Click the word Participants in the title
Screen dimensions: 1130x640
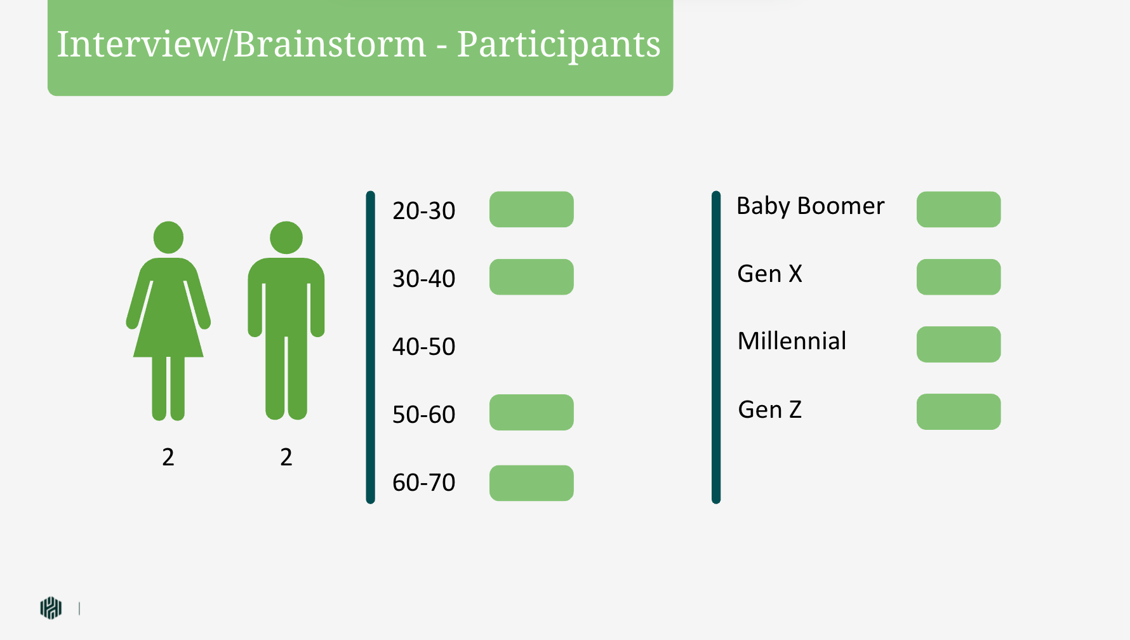tap(559, 44)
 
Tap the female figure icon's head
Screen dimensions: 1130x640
tap(168, 237)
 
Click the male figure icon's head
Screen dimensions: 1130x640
tap(286, 237)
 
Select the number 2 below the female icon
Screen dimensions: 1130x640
tap(168, 457)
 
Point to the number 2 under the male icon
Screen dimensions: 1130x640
tap(286, 457)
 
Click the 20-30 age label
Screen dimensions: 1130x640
tap(424, 211)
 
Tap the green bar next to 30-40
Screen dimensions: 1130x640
tap(531, 277)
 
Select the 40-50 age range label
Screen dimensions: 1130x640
tap(424, 347)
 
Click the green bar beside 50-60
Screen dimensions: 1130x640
tap(531, 412)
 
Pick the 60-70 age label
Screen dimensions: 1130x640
tap(424, 483)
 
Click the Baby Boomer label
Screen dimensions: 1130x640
tap(810, 206)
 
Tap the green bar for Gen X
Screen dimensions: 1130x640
tap(959, 277)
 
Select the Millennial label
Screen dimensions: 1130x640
tap(792, 341)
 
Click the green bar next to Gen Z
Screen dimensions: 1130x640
tap(959, 411)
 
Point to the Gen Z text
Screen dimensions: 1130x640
tap(770, 410)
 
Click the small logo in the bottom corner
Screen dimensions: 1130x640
tap(51, 608)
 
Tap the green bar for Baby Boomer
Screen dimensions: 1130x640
tap(959, 210)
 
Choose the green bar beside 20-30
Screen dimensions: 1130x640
tap(531, 210)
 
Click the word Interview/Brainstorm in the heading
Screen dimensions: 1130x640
tap(241, 44)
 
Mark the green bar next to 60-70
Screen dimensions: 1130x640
tap(531, 483)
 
